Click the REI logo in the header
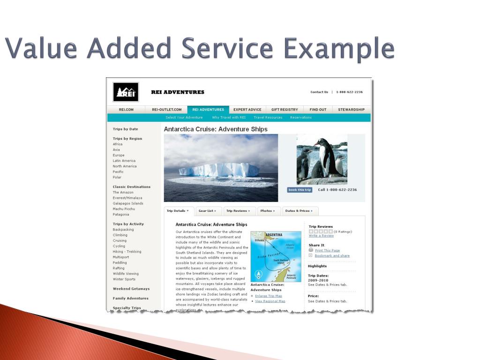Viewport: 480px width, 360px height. pyautogui.click(x=126, y=92)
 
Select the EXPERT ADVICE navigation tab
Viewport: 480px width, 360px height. pyautogui.click(x=247, y=110)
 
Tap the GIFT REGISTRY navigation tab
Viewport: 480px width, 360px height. pyautogui.click(x=285, y=110)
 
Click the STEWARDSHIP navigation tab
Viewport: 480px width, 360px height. pyautogui.click(x=351, y=110)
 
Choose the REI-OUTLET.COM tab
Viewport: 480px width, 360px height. pyautogui.click(x=166, y=110)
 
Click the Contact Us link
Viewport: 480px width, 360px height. pyautogui.click(x=319, y=92)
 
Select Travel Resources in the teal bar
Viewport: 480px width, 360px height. pyautogui.click(x=268, y=118)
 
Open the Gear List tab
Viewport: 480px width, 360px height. pyautogui.click(x=207, y=211)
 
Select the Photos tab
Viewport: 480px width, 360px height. pyautogui.click(x=268, y=211)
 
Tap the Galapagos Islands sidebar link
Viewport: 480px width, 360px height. pyautogui.click(x=128, y=203)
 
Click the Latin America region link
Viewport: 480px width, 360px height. pyautogui.click(x=124, y=161)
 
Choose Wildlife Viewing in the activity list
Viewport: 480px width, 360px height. pyautogui.click(x=126, y=274)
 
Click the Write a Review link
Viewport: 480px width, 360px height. pyautogui.click(x=321, y=236)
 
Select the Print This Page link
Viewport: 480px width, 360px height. pyautogui.click(x=327, y=250)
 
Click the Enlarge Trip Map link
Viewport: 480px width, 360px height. pyautogui.click(x=268, y=296)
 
